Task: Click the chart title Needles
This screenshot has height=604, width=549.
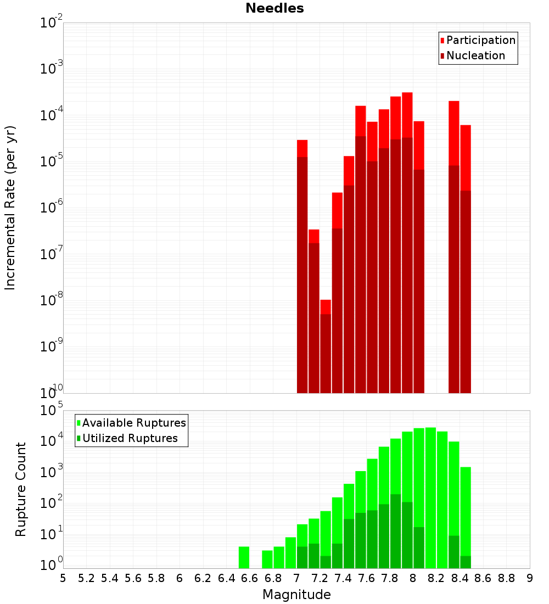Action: point(274,8)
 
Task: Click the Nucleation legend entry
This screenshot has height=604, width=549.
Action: point(475,55)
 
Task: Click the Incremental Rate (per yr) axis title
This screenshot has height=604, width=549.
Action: point(10,208)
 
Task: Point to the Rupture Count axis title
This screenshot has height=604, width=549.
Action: point(21,489)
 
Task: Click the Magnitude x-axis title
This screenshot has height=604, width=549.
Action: point(296,595)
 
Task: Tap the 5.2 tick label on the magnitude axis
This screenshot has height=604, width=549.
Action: point(87,578)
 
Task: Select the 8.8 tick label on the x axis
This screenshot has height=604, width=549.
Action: point(507,578)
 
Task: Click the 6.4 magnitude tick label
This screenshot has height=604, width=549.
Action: point(227,578)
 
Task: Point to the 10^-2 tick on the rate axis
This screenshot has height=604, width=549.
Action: point(51,23)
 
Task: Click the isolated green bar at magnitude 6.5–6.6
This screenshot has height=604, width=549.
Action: point(244,557)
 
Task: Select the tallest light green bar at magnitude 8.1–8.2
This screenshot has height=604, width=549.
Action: point(430,497)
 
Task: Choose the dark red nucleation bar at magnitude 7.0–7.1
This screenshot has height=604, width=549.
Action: point(302,275)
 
